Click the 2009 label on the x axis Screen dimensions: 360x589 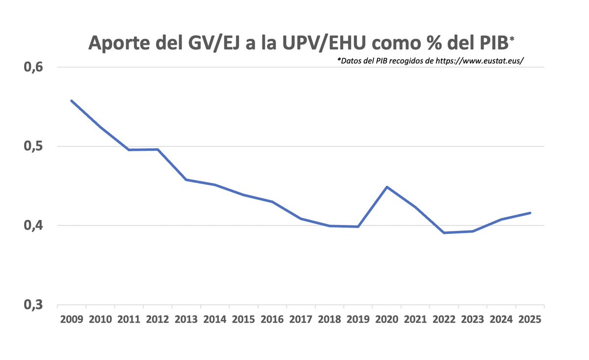click(x=72, y=319)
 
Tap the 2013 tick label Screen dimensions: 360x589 click(x=187, y=319)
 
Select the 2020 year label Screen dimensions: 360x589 click(x=387, y=319)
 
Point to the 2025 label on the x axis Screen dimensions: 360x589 click(x=530, y=319)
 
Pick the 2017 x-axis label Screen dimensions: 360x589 click(x=301, y=319)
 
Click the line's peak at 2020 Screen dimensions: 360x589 click(x=387, y=187)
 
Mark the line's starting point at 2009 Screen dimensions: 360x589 click(x=72, y=101)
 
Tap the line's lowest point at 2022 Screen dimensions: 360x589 click(x=444, y=232)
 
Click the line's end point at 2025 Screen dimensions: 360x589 click(x=530, y=213)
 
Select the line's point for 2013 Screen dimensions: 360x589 click(x=187, y=180)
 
